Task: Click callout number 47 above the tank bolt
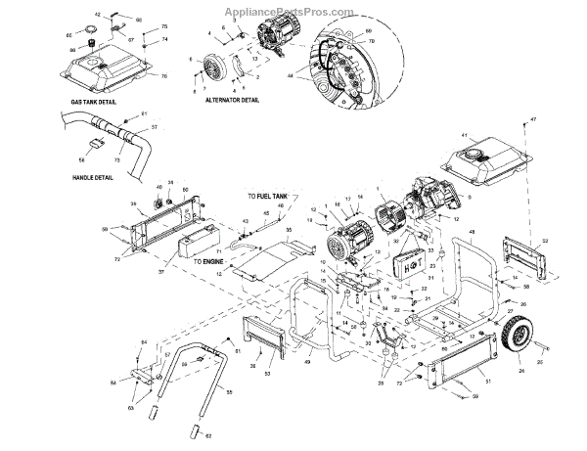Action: pos(533,119)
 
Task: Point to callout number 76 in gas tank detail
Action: pos(164,75)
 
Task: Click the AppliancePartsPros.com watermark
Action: pos(293,13)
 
